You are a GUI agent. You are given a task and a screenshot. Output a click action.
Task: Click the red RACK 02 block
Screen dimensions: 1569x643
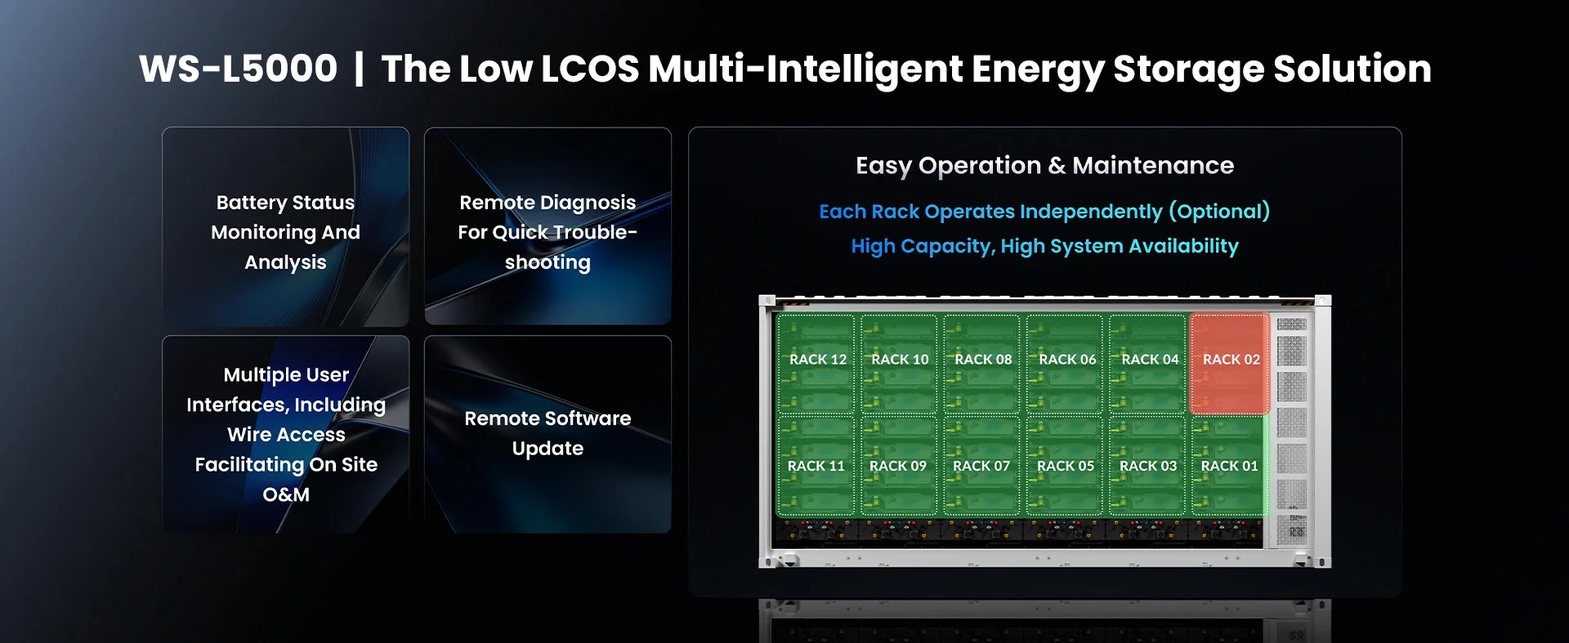(1229, 364)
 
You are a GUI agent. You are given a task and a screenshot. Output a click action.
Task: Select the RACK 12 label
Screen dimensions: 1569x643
(818, 359)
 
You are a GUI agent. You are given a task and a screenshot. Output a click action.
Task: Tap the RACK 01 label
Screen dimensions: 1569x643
(1229, 466)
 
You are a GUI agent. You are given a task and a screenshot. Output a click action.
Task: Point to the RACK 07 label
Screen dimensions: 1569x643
(981, 466)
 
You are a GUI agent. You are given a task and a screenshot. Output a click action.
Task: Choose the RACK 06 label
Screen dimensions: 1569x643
(1067, 359)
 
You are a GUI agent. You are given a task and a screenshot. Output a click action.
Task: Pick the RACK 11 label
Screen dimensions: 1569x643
(816, 466)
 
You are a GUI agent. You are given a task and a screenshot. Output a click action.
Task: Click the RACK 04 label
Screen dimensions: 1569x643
(1150, 359)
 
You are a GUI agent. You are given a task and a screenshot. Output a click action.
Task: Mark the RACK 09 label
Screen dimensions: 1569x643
(898, 466)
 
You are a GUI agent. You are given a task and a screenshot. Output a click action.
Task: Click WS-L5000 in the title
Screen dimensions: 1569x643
(238, 68)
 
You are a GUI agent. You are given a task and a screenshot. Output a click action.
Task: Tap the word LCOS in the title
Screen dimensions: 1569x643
(590, 69)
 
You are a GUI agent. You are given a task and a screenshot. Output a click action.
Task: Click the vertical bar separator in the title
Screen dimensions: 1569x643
(359, 68)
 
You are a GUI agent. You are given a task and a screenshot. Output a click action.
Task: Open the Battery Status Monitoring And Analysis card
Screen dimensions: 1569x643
(285, 226)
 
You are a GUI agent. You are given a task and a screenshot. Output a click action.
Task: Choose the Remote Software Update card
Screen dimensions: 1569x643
(548, 434)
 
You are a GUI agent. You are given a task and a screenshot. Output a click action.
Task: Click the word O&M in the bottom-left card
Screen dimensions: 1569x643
(286, 494)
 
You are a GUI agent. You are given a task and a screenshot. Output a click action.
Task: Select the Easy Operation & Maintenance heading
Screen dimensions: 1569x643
(1044, 166)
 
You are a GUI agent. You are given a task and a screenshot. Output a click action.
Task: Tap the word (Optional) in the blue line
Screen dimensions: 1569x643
(1219, 212)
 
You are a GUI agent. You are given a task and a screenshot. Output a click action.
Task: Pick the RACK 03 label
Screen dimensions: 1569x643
(1148, 466)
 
